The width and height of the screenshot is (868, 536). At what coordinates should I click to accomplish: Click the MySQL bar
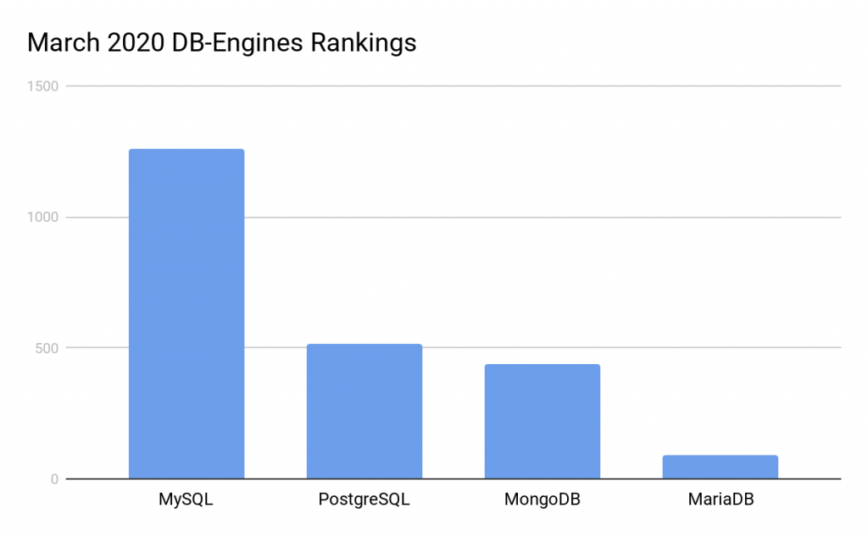tap(186, 313)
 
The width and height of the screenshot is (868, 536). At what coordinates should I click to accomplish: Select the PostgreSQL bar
tap(364, 412)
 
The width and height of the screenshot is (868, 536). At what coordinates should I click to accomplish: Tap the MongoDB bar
tap(542, 422)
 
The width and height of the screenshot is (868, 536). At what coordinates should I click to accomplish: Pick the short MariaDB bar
tap(721, 467)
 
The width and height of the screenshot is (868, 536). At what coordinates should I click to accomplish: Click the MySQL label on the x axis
tap(186, 500)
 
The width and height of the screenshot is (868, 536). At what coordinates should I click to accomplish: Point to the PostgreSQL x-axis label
tap(364, 500)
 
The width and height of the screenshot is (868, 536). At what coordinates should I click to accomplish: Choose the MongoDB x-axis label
tap(542, 500)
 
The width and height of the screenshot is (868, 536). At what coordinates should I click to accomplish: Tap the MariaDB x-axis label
tap(721, 500)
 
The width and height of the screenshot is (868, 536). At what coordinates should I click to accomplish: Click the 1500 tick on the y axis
tap(42, 86)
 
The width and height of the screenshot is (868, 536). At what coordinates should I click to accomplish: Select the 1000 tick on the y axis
tap(42, 217)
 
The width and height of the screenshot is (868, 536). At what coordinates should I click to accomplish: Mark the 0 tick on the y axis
tap(53, 479)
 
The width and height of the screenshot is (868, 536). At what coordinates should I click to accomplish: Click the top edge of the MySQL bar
tap(186, 150)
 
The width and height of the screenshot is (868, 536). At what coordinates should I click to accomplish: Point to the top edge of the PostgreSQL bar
tap(364, 345)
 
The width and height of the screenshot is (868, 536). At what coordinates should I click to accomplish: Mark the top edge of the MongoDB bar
tap(542, 365)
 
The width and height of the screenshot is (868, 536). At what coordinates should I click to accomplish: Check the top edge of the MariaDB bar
tap(721, 456)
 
